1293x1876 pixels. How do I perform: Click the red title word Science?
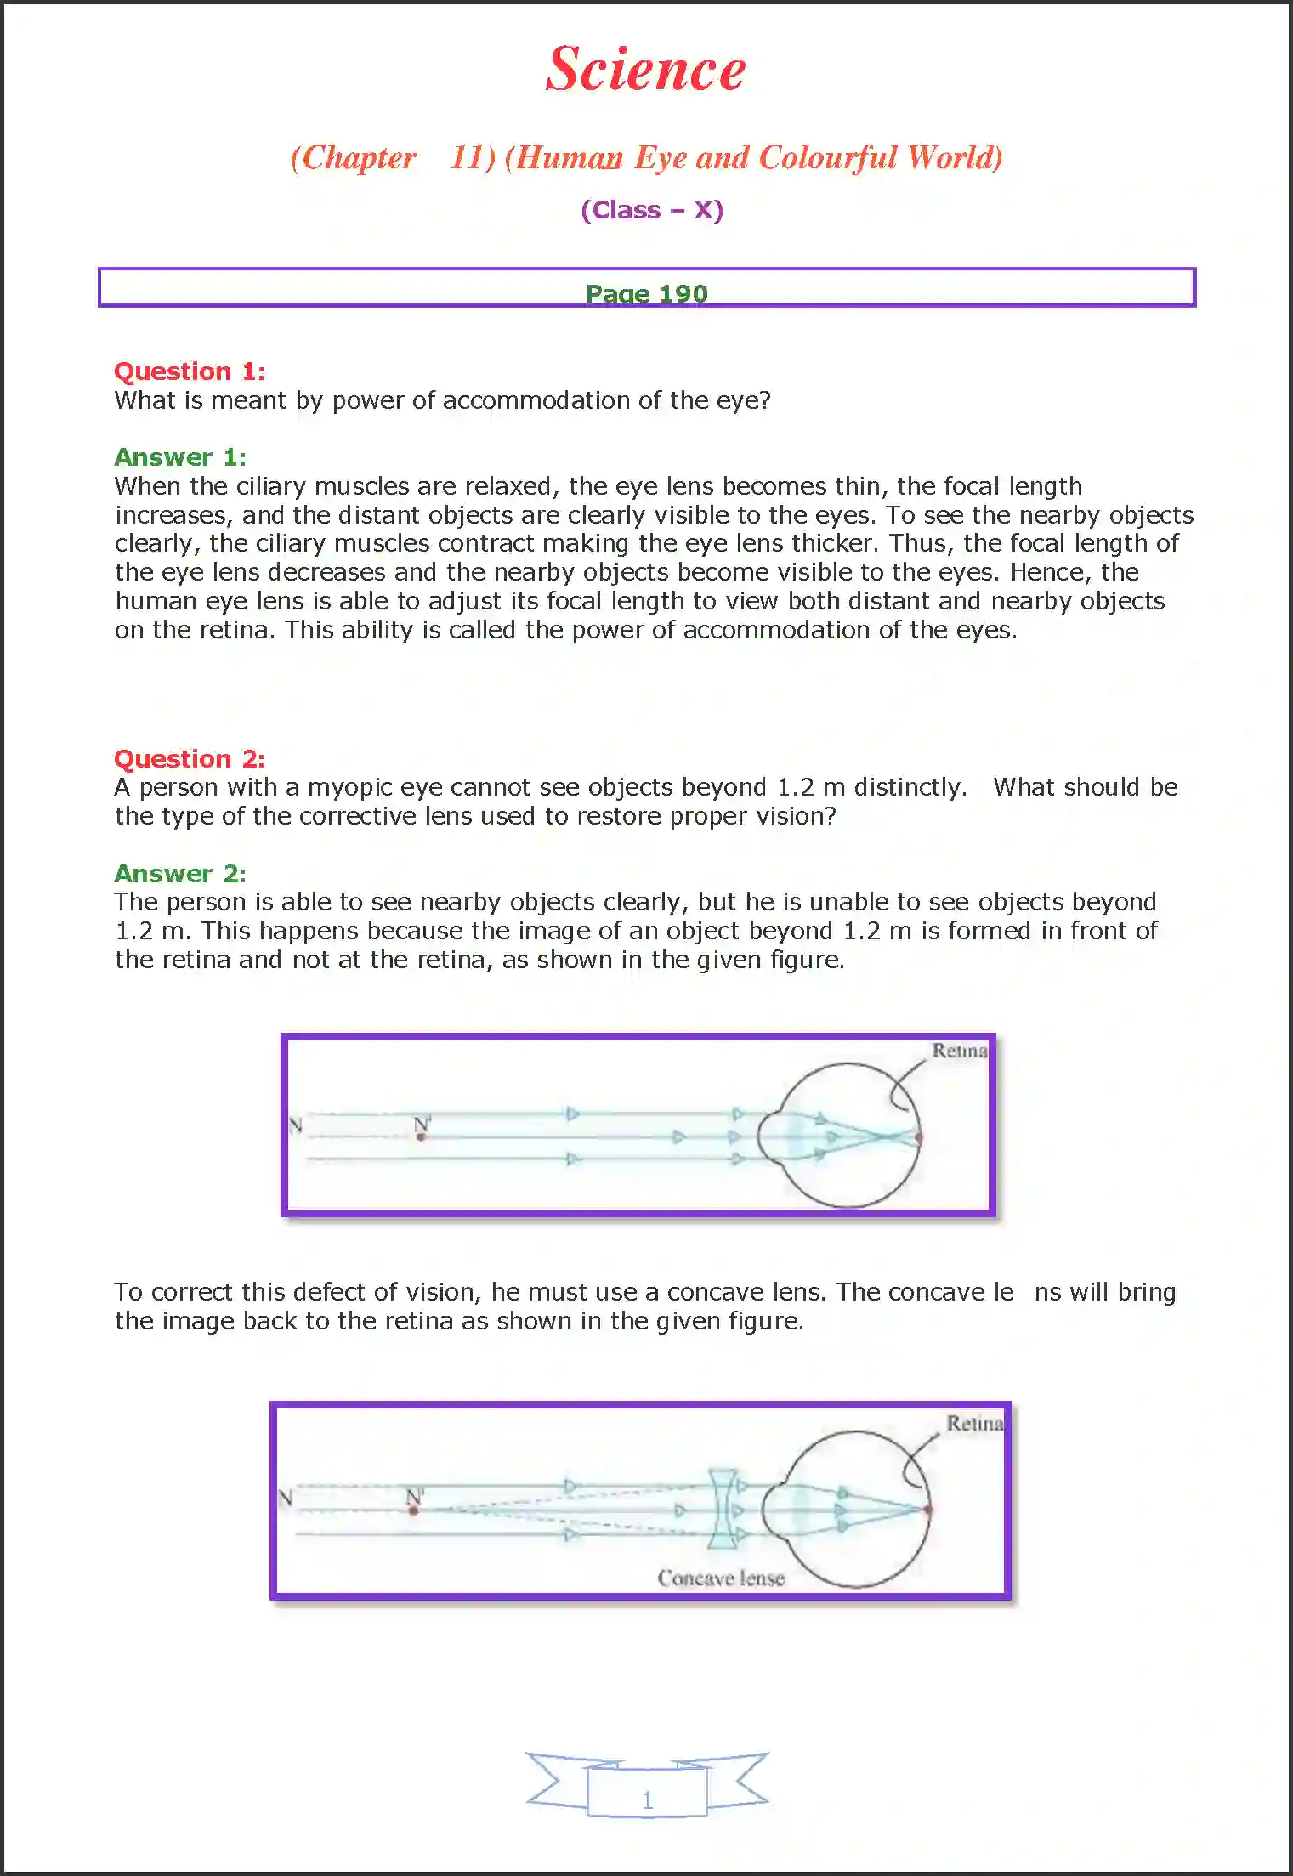[645, 70]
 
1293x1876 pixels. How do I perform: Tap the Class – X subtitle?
[652, 210]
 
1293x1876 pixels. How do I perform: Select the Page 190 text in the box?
[646, 293]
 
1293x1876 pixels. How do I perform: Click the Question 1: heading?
[190, 371]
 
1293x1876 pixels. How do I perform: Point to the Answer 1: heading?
[180, 457]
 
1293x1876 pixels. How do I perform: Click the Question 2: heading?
[190, 759]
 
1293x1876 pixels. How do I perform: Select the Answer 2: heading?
[180, 874]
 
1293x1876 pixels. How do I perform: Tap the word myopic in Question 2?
[349, 788]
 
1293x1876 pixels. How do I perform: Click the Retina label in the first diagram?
[959, 1051]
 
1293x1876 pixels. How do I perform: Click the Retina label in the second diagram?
[974, 1424]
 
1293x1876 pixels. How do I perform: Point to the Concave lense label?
[721, 1578]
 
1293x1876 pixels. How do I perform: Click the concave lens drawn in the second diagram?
[722, 1510]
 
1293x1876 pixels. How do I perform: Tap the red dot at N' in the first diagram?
[421, 1136]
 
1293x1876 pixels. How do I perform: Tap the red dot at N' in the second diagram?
[413, 1510]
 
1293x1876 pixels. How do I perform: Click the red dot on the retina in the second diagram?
[928, 1510]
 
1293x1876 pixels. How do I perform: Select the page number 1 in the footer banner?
[647, 1799]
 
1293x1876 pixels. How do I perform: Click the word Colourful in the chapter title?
[827, 158]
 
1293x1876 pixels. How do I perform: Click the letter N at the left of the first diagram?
[296, 1125]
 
